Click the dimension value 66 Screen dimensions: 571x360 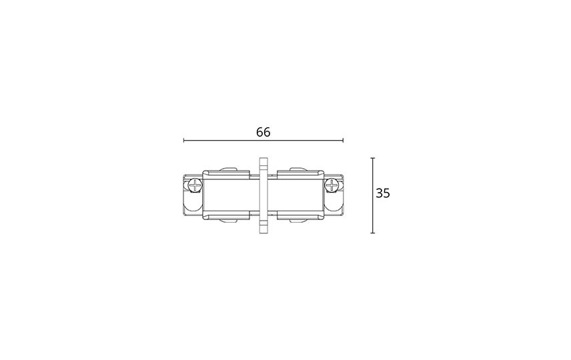click(263, 132)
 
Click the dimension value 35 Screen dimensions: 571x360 click(383, 193)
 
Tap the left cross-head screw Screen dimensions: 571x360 click(196, 185)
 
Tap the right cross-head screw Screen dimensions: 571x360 click(332, 185)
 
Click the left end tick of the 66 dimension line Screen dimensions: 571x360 click(184, 140)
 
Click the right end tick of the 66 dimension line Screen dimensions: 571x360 click(343, 140)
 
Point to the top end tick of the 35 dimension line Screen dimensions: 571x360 click(372, 158)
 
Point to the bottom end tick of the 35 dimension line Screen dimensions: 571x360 click(372, 233)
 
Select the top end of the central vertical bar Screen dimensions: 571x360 click(263, 158)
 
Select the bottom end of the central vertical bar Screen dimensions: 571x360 click(263, 232)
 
